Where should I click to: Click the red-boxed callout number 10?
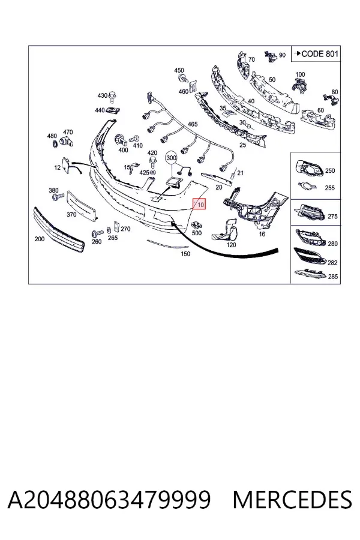point(199,204)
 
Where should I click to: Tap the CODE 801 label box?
point(316,54)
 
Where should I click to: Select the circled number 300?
point(171,158)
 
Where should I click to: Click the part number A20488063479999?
point(109,500)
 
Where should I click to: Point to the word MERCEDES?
point(292,500)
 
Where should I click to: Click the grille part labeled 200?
point(59,230)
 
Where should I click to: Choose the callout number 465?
point(193,124)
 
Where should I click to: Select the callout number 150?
point(185,254)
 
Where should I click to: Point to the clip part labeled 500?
point(197,225)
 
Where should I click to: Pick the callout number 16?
point(262,234)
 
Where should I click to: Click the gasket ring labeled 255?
point(307,186)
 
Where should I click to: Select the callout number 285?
point(333,277)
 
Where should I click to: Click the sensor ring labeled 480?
point(54,143)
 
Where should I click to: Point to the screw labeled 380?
point(58,197)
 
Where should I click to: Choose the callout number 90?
point(282,55)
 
